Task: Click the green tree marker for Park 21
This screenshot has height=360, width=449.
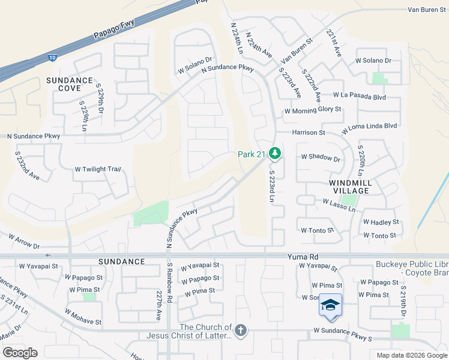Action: click(275, 154)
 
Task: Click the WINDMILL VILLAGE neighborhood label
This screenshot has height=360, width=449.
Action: click(349, 186)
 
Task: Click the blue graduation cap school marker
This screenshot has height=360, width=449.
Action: click(330, 306)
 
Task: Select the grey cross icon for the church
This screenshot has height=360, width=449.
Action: click(241, 331)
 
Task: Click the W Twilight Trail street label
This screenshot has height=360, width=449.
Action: click(98, 169)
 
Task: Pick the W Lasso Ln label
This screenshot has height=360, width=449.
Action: click(339, 205)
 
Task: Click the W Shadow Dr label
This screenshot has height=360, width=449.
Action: click(321, 157)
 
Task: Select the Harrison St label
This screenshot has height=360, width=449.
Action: click(309, 133)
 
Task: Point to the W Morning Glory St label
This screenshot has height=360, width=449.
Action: click(313, 110)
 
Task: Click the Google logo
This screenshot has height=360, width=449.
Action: click(20, 353)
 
